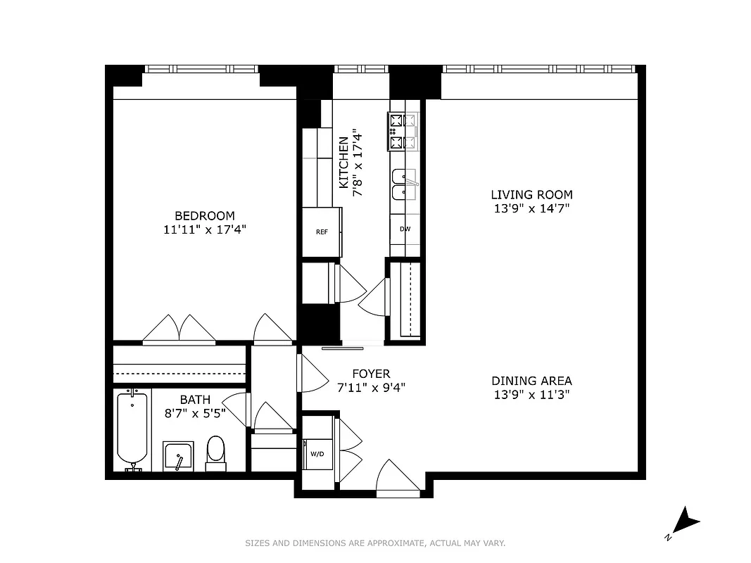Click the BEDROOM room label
pyautogui.click(x=205, y=216)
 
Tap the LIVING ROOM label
pyautogui.click(x=531, y=195)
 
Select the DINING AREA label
pyautogui.click(x=531, y=381)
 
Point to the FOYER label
pyautogui.click(x=371, y=374)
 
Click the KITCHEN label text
pyautogui.click(x=343, y=163)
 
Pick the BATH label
pyautogui.click(x=195, y=400)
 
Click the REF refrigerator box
pyautogui.click(x=322, y=232)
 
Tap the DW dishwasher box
pyautogui.click(x=405, y=229)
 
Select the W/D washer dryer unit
pyautogui.click(x=317, y=454)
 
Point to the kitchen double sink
pyautogui.click(x=404, y=184)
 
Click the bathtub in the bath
pyautogui.click(x=132, y=429)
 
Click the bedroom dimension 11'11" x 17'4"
pyautogui.click(x=205, y=229)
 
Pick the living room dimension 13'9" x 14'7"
pyautogui.click(x=531, y=208)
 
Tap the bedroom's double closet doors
pyautogui.click(x=179, y=329)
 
